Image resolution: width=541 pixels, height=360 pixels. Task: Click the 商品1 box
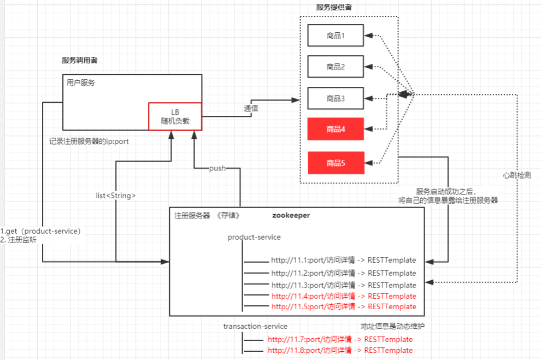(335, 36)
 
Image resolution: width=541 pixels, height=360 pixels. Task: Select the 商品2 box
(335, 67)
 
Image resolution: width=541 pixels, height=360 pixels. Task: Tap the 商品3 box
(335, 98)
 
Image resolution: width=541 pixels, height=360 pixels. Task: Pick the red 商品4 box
(335, 129)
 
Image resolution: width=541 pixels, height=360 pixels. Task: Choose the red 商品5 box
(335, 162)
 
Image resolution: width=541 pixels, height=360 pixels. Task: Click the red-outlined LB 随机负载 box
(175, 116)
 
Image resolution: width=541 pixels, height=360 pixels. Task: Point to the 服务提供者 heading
(334, 7)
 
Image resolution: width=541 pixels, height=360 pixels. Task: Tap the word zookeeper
(291, 215)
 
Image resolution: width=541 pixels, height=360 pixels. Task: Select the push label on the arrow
(217, 168)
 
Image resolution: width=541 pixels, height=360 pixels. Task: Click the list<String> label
(115, 195)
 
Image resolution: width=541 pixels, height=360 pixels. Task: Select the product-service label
(254, 237)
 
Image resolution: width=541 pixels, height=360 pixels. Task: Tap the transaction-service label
(255, 326)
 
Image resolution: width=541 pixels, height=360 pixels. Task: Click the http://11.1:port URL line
(343, 260)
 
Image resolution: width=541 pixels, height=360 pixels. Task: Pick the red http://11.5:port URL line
(343, 306)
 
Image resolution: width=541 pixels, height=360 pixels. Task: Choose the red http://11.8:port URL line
(340, 350)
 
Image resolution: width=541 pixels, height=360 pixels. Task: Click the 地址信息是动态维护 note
(392, 326)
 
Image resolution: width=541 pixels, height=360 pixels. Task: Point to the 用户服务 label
(81, 83)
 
